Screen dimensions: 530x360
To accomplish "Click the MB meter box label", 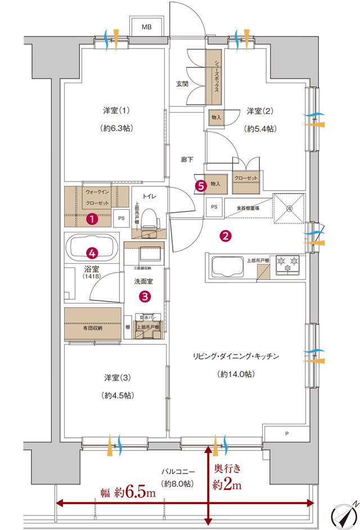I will [x=147, y=26].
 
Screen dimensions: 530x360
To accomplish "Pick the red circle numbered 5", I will [x=199, y=185].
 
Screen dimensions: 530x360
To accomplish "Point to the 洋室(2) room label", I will [x=260, y=111].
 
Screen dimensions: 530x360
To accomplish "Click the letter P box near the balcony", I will [x=287, y=433].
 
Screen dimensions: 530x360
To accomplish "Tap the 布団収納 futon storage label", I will [x=92, y=329].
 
